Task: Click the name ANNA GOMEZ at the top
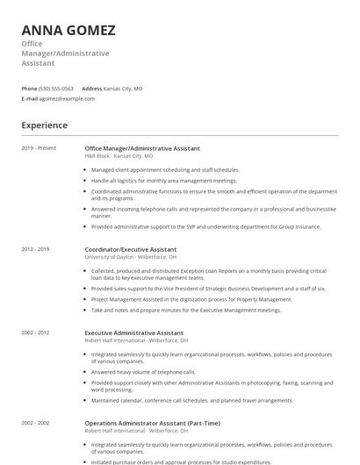(x=68, y=30)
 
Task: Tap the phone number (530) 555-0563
(x=56, y=89)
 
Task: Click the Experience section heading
(x=45, y=125)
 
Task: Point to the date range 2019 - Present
(x=39, y=148)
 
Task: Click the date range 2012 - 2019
(x=36, y=249)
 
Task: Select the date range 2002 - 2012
(x=36, y=333)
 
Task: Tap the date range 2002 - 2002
(x=36, y=423)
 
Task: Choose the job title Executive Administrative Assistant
(x=134, y=333)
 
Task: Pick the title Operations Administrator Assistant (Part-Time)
(x=153, y=423)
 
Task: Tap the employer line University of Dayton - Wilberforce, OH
(x=131, y=257)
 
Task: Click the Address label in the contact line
(x=92, y=89)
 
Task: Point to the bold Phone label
(x=29, y=89)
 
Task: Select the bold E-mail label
(x=29, y=99)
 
